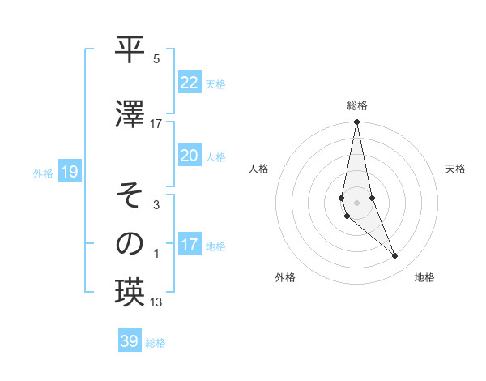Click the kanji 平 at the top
click(130, 51)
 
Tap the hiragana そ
click(130, 195)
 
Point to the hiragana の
click(130, 243)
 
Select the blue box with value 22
click(190, 83)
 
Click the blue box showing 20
click(190, 156)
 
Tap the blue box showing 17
click(190, 246)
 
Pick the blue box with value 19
click(69, 172)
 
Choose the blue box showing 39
click(130, 341)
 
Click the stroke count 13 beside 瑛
click(156, 302)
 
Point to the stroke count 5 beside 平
click(156, 59)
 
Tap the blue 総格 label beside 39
click(156, 343)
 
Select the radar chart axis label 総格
click(357, 105)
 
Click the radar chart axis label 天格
click(456, 169)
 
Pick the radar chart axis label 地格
click(424, 277)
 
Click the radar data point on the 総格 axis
click(356, 122)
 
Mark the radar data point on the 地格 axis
click(395, 256)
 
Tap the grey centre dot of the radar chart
click(356, 202)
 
